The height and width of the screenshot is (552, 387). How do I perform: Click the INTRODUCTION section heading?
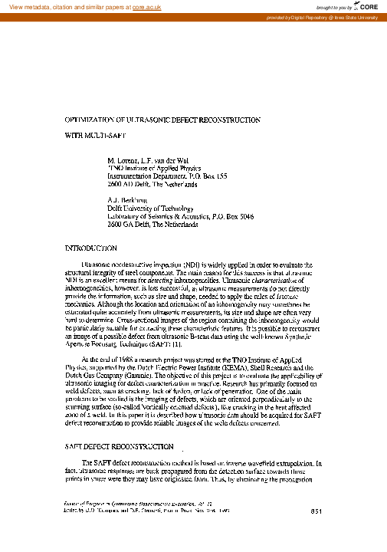click(91, 248)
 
